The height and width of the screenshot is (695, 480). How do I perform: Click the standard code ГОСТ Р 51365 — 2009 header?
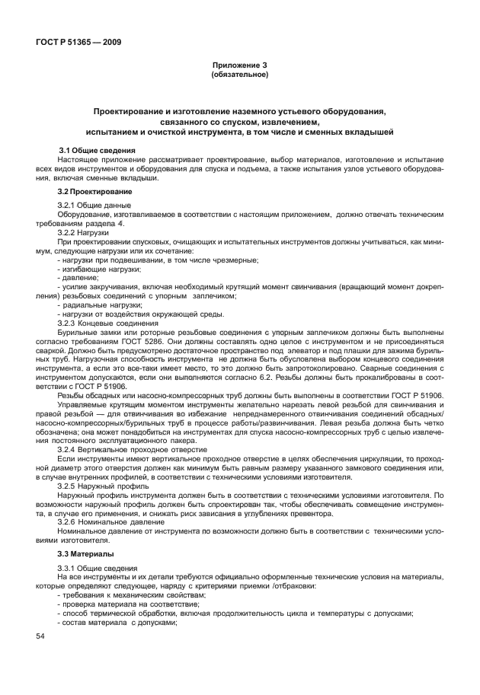coord(79,41)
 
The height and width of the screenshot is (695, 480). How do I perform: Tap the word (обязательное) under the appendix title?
coord(239,75)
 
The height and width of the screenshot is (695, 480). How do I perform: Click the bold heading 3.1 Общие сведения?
coord(98,150)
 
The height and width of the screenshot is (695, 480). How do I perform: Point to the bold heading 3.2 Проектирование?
coord(94,190)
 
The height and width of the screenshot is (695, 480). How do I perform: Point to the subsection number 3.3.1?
coord(70,569)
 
